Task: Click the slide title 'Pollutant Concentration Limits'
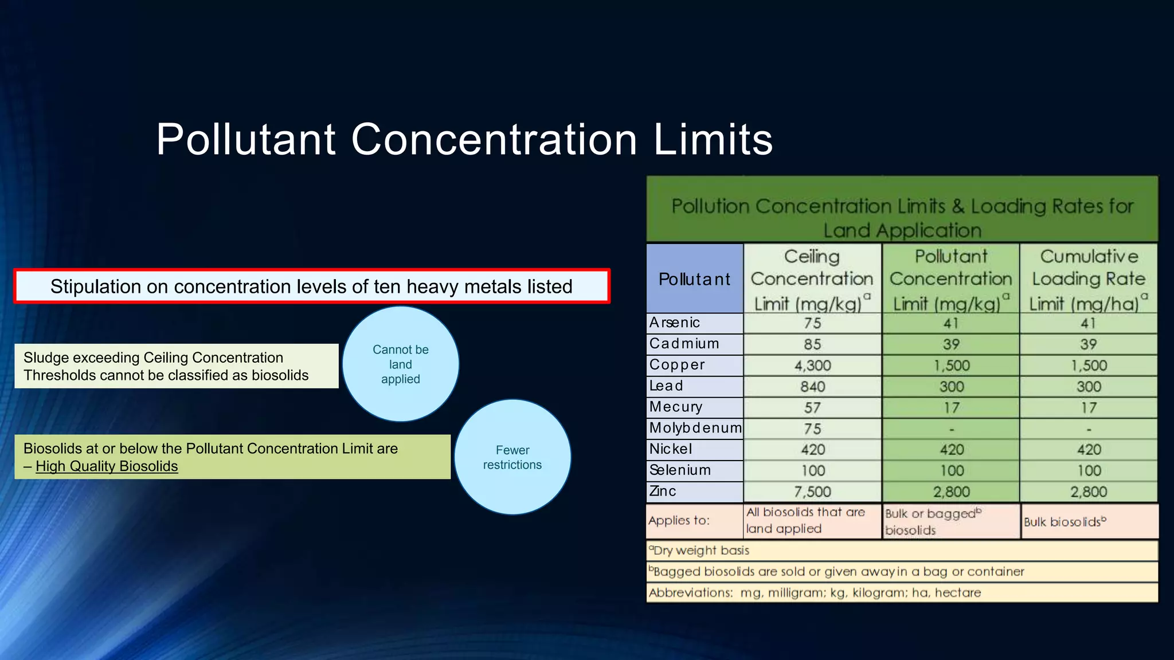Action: [464, 139]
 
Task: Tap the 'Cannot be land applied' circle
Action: [400, 364]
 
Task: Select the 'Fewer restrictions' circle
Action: [512, 457]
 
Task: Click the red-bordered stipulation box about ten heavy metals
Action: [311, 286]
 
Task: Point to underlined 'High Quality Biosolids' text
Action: [107, 466]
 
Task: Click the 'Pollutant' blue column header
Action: [694, 279]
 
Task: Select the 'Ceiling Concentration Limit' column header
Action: [812, 279]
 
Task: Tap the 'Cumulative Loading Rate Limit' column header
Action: [1088, 279]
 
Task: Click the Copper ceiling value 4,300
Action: [812, 366]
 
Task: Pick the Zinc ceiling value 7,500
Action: [812, 492]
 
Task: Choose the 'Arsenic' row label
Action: [675, 323]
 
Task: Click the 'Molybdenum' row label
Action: [695, 428]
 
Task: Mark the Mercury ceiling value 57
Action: [812, 408]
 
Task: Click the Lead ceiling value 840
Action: [812, 387]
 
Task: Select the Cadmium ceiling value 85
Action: [812, 344]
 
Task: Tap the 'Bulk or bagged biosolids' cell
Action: [950, 521]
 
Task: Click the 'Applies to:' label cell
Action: [694, 521]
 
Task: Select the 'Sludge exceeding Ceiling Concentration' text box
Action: [176, 366]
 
